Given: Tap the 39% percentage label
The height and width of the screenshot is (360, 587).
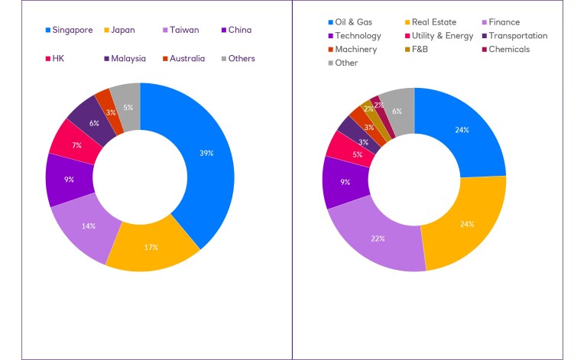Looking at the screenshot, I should point(206,154).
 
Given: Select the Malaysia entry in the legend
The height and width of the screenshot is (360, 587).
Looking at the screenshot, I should point(125,58).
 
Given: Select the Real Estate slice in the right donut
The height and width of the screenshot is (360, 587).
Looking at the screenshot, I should point(468,223).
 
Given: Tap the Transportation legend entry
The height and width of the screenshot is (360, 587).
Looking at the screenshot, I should point(513,36).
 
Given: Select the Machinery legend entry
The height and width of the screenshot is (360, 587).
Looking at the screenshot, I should point(352,50).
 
